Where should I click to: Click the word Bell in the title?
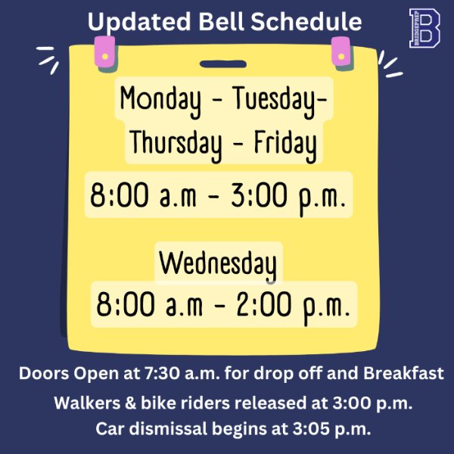pyautogui.click(x=222, y=21)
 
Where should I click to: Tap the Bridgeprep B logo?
pyautogui.click(x=424, y=28)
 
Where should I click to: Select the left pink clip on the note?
pyautogui.click(x=105, y=54)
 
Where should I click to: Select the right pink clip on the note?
pyautogui.click(x=342, y=54)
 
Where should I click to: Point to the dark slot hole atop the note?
pyautogui.click(x=223, y=64)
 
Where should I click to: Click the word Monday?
pyautogui.click(x=160, y=100)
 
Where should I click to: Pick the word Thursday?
pyautogui.click(x=176, y=145)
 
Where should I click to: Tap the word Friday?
pyautogui.click(x=285, y=145)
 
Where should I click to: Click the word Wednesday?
pyautogui.click(x=218, y=265)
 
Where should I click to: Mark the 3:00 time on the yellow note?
pyautogui.click(x=259, y=195)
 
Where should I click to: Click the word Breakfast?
pyautogui.click(x=403, y=373)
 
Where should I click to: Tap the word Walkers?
pyautogui.click(x=87, y=403)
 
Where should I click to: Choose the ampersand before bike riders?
pyautogui.click(x=130, y=403)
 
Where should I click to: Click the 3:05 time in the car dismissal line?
pyautogui.click(x=311, y=429)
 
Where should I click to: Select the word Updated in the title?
pyautogui.click(x=139, y=23)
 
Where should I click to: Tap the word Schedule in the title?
pyautogui.click(x=306, y=21)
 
